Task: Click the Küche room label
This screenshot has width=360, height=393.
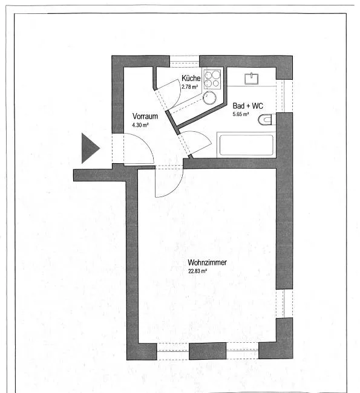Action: click(x=191, y=78)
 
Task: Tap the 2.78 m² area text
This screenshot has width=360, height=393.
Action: click(x=190, y=87)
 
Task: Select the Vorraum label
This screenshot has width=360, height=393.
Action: click(x=145, y=116)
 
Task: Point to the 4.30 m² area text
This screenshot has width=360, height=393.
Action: click(x=140, y=125)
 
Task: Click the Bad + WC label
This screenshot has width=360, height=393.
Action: click(x=248, y=106)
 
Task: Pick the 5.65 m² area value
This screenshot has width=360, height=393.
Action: click(x=241, y=114)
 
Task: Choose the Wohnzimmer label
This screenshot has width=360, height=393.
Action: click(x=207, y=262)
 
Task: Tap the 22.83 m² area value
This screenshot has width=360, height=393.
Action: click(x=198, y=271)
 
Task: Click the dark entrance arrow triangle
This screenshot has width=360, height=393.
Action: click(x=89, y=148)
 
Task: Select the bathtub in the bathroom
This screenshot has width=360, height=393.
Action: click(x=246, y=145)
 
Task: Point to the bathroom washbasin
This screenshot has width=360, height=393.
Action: click(x=252, y=79)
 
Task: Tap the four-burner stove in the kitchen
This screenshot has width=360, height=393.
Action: click(x=212, y=79)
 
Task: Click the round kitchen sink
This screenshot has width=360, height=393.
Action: click(x=209, y=98)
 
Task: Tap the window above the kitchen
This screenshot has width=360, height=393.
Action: click(x=185, y=61)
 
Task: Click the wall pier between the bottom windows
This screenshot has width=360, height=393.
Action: click(x=208, y=351)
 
